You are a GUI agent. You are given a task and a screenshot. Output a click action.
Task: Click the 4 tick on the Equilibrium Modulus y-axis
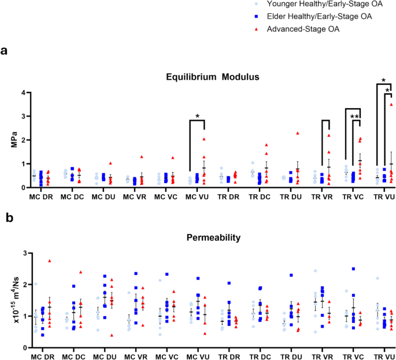(24, 92)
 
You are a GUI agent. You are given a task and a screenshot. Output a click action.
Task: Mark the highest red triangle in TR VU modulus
(391, 105)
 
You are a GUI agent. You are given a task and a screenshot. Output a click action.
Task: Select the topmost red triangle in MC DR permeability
(49, 261)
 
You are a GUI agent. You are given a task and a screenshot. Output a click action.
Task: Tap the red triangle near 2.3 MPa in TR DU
(298, 133)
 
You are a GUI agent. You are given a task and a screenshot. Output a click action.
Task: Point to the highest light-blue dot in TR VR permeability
(315, 271)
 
